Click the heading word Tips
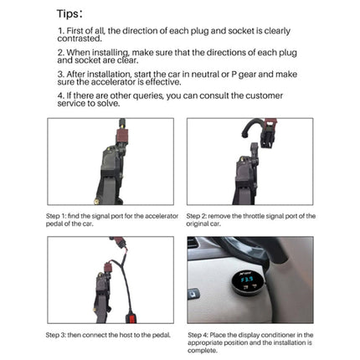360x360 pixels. tap(68, 13)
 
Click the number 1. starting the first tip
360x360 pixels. tap(61, 31)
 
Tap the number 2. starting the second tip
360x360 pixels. tap(61, 53)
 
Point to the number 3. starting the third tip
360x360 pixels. tap(61, 75)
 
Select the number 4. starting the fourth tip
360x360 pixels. tap(61, 96)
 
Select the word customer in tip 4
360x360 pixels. tap(269, 96)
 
